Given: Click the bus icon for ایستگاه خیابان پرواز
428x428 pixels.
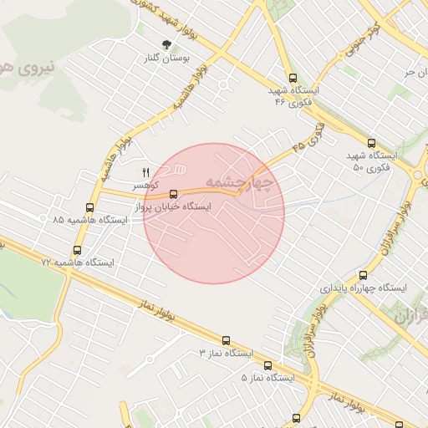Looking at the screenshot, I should [174, 194].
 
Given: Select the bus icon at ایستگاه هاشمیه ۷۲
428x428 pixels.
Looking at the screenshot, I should [78, 250].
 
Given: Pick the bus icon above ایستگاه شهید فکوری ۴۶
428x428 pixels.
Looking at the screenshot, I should [291, 78].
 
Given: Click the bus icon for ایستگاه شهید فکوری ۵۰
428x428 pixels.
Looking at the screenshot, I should [372, 144].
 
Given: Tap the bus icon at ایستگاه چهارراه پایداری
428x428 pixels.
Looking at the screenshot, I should [362, 275].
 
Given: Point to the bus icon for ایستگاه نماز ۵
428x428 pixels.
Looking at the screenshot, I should [267, 365].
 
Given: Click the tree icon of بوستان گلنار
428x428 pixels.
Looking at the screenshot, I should [166, 44].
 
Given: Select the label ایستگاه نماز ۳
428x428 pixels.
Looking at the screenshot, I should [225, 353].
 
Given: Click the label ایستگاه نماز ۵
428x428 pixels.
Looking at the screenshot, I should [268, 377].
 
